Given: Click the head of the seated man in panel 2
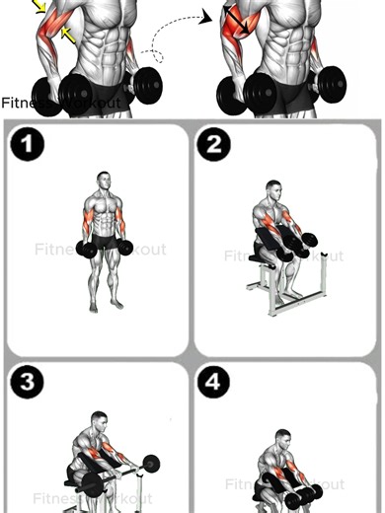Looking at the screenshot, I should pyautogui.click(x=273, y=188).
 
